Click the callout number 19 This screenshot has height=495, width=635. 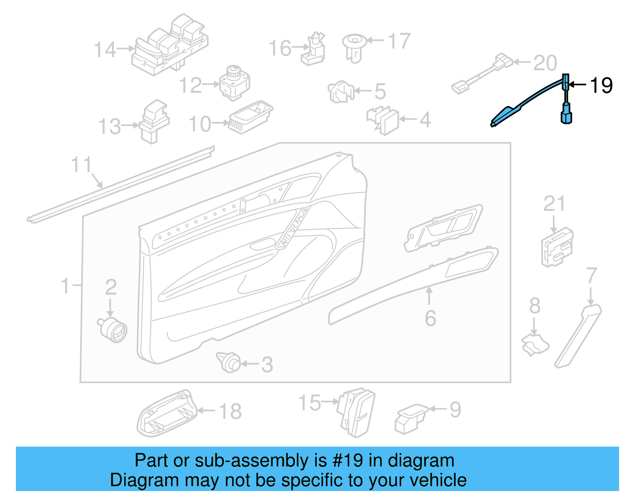[x=601, y=85]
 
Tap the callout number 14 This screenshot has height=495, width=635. [x=105, y=50]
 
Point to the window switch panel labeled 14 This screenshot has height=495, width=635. [x=171, y=46]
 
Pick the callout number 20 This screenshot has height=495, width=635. [x=545, y=63]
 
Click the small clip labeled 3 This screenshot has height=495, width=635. [x=229, y=361]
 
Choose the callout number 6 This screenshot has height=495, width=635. [x=430, y=318]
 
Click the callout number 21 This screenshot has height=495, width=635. [x=554, y=204]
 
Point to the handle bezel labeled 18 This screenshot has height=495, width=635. [x=167, y=414]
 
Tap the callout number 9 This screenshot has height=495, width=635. [x=455, y=410]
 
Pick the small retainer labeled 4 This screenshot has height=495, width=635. [x=383, y=120]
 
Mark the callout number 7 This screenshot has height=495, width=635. [x=591, y=275]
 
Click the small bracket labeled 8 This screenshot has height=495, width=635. [x=535, y=344]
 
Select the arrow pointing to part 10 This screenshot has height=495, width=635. [x=221, y=123]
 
